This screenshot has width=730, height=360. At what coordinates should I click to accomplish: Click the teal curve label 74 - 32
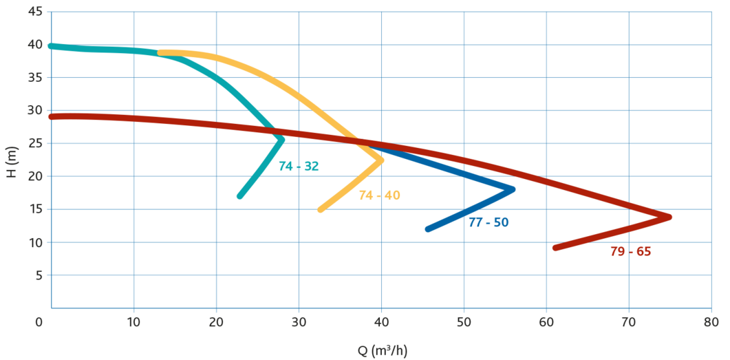coord(299,166)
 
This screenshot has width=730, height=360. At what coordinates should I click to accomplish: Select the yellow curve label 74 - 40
coord(379,195)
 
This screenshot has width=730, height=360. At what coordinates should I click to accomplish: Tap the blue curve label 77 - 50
coord(489,222)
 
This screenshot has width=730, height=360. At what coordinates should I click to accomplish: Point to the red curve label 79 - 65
coord(631,251)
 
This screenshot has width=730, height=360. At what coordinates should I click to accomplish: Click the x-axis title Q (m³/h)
coord(382,350)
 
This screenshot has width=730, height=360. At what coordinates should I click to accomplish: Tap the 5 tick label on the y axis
coord(39,275)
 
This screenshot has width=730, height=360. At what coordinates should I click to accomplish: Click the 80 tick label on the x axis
coord(711,321)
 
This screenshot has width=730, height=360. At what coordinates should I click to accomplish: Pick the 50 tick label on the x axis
coord(464,321)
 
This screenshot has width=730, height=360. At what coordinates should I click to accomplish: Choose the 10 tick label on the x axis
coord(133,321)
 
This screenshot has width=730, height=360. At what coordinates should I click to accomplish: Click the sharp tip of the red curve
coord(670,217)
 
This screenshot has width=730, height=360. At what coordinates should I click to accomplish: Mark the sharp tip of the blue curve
coord(514,189)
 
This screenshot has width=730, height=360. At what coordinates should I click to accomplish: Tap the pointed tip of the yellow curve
coord(382,160)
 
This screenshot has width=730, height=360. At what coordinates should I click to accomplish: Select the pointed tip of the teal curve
coord(282,140)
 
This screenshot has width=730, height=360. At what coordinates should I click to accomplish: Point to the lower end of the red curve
coord(555,248)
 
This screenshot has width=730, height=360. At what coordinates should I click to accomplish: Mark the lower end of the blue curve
coord(428,229)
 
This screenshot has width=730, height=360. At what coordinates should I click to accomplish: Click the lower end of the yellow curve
coord(320,209)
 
